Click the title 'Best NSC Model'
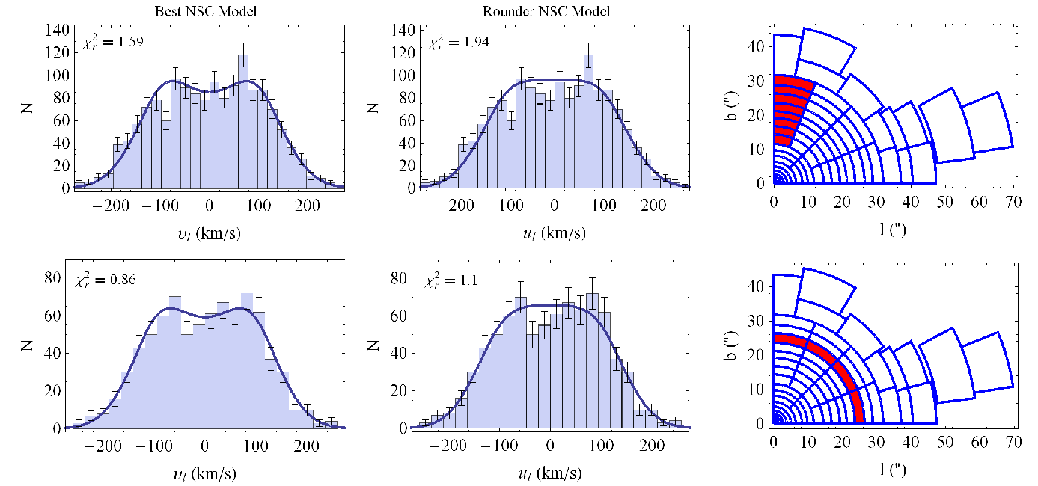[206, 11]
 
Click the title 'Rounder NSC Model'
[546, 11]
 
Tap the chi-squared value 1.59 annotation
[113, 42]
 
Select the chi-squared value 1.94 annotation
[459, 43]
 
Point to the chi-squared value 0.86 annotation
[106, 280]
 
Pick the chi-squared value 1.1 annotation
[451, 280]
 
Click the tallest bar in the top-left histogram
[243, 121]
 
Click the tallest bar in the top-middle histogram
[588, 121]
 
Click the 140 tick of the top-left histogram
[58, 31]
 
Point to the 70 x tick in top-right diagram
[1013, 203]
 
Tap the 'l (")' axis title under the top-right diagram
[893, 228]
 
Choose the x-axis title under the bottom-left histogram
[207, 473]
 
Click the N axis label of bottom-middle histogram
[373, 345]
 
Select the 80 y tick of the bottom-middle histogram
[399, 278]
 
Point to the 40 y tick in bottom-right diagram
[756, 286]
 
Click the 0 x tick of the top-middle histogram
[555, 205]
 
